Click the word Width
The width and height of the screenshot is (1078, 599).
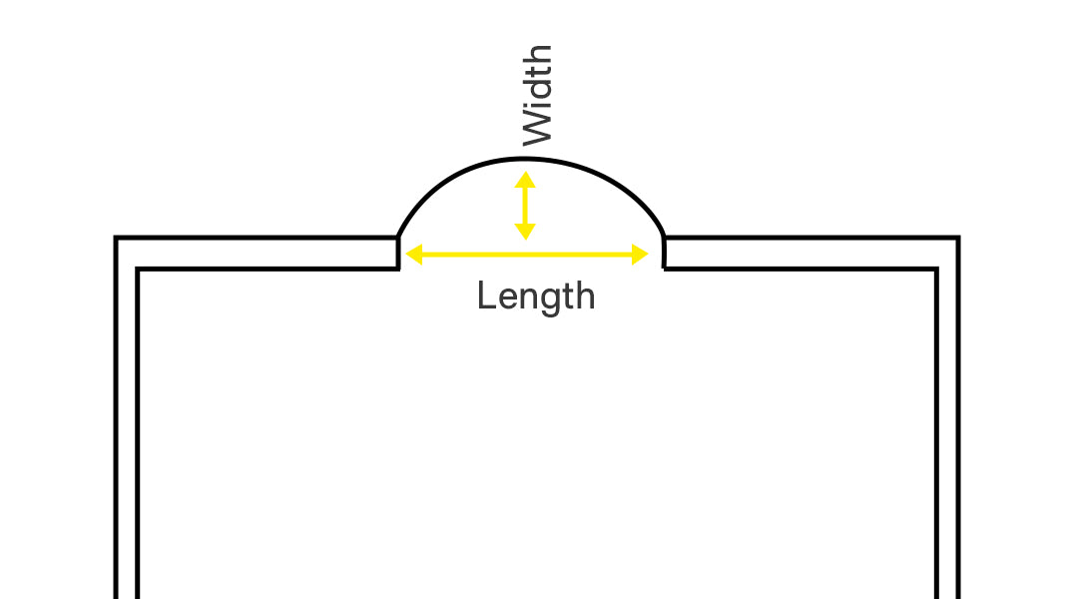[x=538, y=95]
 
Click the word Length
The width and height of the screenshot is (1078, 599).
[x=536, y=298]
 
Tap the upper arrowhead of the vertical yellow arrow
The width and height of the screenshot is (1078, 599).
[x=525, y=180]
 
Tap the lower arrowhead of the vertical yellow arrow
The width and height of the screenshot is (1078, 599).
[x=525, y=232]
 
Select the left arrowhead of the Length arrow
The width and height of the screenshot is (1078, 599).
[x=414, y=255]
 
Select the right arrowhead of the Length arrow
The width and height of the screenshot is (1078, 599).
[x=640, y=255]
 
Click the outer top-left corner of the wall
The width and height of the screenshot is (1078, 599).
[x=116, y=238]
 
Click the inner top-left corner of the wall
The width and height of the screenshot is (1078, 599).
[x=138, y=269]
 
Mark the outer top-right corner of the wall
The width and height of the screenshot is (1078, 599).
[x=958, y=238]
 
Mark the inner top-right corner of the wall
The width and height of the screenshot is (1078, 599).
[x=936, y=269]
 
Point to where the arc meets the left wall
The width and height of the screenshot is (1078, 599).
[x=398, y=238]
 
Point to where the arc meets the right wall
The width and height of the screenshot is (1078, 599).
[x=664, y=238]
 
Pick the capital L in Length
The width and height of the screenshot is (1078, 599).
[x=486, y=296]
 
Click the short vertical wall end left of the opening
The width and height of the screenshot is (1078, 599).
[x=398, y=254]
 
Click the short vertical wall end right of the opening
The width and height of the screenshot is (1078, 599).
[x=664, y=254]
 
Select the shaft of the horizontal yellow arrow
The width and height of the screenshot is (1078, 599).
[x=527, y=255]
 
